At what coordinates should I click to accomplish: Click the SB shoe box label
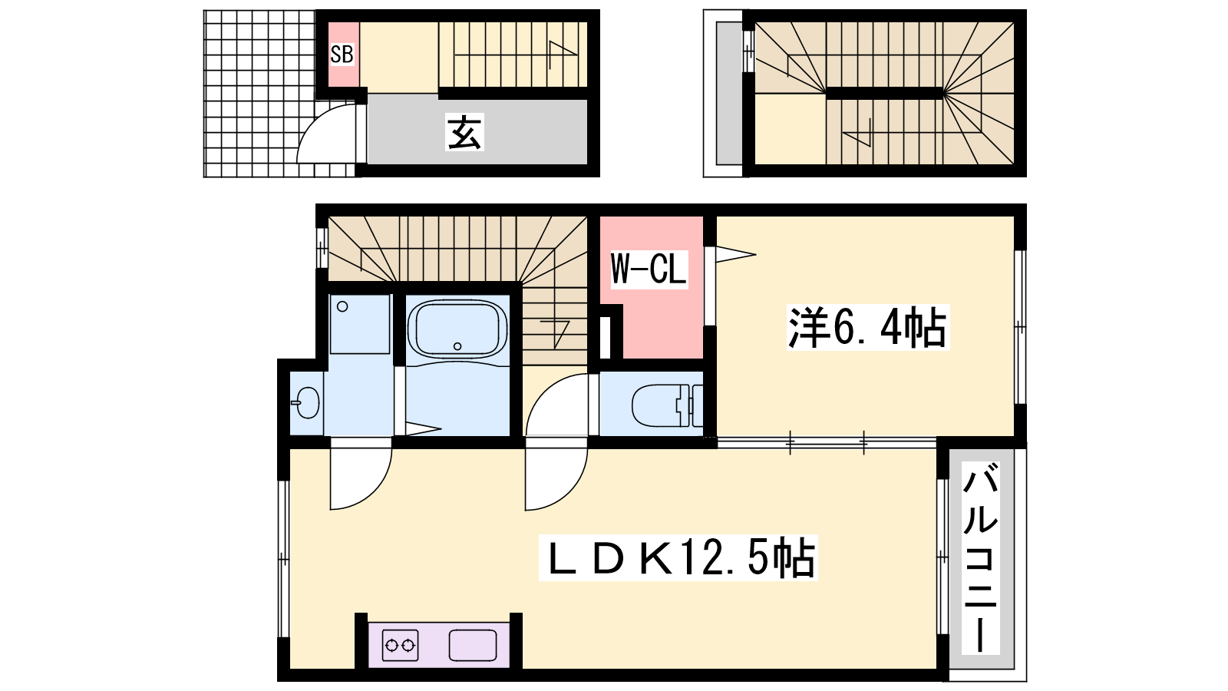pos(342,55)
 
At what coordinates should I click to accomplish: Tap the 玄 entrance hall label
pos(464,132)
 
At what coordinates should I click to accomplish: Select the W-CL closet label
pos(649,268)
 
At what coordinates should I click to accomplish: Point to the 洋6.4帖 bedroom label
pos(867,327)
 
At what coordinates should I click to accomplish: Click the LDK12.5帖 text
pos(678,557)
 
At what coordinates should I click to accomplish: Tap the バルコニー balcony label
pos(979,557)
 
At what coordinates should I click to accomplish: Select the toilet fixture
pos(667,406)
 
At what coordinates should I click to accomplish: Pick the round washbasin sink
pos(306,402)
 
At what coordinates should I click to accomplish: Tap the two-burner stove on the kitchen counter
pos(400,645)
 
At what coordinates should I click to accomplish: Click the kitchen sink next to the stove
pos(473,645)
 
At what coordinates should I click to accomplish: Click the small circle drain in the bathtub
pos(457,346)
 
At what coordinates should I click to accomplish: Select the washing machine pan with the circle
pos(360,324)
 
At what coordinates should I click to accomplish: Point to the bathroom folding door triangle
pos(422,429)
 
